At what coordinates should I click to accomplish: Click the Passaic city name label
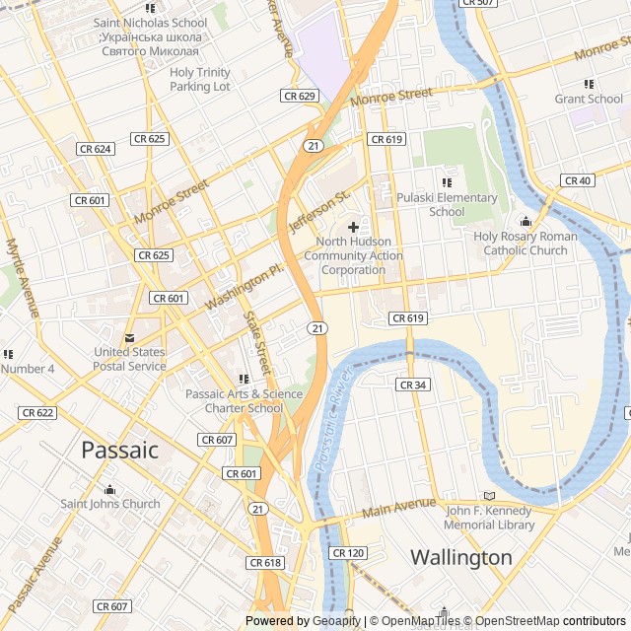pyautogui.click(x=119, y=450)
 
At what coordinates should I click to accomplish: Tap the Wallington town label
pyautogui.click(x=461, y=557)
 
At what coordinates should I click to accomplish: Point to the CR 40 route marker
pyautogui.click(x=578, y=180)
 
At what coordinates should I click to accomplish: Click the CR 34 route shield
pyautogui.click(x=412, y=385)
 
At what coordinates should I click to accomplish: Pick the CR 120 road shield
pyautogui.click(x=348, y=553)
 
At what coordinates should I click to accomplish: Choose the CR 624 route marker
pyautogui.click(x=95, y=149)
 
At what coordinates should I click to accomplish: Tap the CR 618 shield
pyautogui.click(x=265, y=562)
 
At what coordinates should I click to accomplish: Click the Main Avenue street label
pyautogui.click(x=398, y=508)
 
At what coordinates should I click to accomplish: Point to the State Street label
pyautogui.click(x=255, y=340)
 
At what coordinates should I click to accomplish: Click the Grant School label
pyautogui.click(x=589, y=99)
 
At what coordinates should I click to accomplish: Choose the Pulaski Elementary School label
pyautogui.click(x=447, y=204)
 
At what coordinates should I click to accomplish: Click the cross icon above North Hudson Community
pyautogui.click(x=353, y=227)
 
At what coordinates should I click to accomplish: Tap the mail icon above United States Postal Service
pyautogui.click(x=130, y=337)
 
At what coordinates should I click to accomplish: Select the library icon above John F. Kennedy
pyautogui.click(x=489, y=496)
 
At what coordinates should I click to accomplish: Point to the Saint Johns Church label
pyautogui.click(x=110, y=504)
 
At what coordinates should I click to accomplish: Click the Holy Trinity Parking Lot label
pyautogui.click(x=200, y=79)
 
